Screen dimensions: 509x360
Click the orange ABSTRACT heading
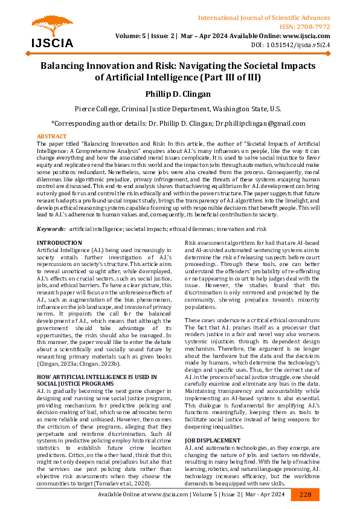click(x=52, y=137)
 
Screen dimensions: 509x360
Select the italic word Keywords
click(x=51, y=229)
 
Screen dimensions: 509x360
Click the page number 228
click(x=304, y=494)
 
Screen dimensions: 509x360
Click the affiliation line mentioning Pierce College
click(x=178, y=109)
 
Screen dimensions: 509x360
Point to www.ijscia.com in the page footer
click(x=170, y=494)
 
